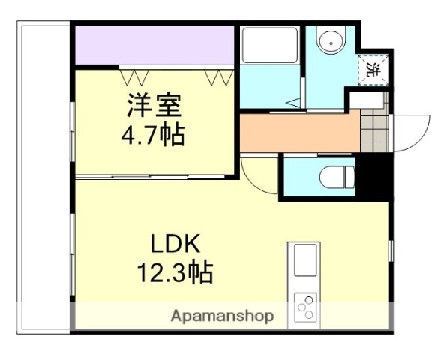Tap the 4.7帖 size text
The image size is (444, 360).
(x=153, y=136)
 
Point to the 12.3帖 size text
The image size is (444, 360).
(x=173, y=271)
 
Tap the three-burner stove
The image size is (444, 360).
(x=306, y=307)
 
